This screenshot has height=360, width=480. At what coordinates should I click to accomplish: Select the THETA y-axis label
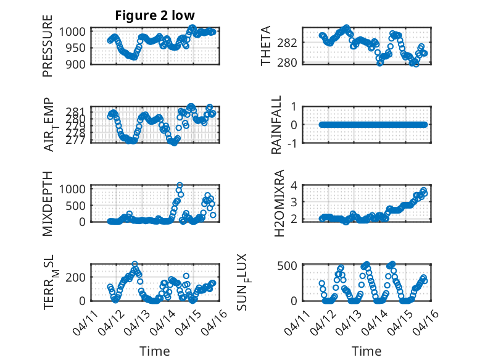(266, 46)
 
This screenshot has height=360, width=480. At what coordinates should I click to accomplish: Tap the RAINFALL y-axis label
(277, 125)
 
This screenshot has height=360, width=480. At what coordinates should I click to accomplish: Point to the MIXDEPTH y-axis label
(48, 203)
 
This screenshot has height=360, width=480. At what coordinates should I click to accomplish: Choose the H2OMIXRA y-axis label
(278, 203)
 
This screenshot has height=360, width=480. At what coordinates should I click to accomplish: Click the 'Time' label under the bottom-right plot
(366, 351)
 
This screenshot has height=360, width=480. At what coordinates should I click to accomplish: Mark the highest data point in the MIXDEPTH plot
(180, 185)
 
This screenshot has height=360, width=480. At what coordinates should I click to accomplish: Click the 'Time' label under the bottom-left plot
(154, 351)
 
